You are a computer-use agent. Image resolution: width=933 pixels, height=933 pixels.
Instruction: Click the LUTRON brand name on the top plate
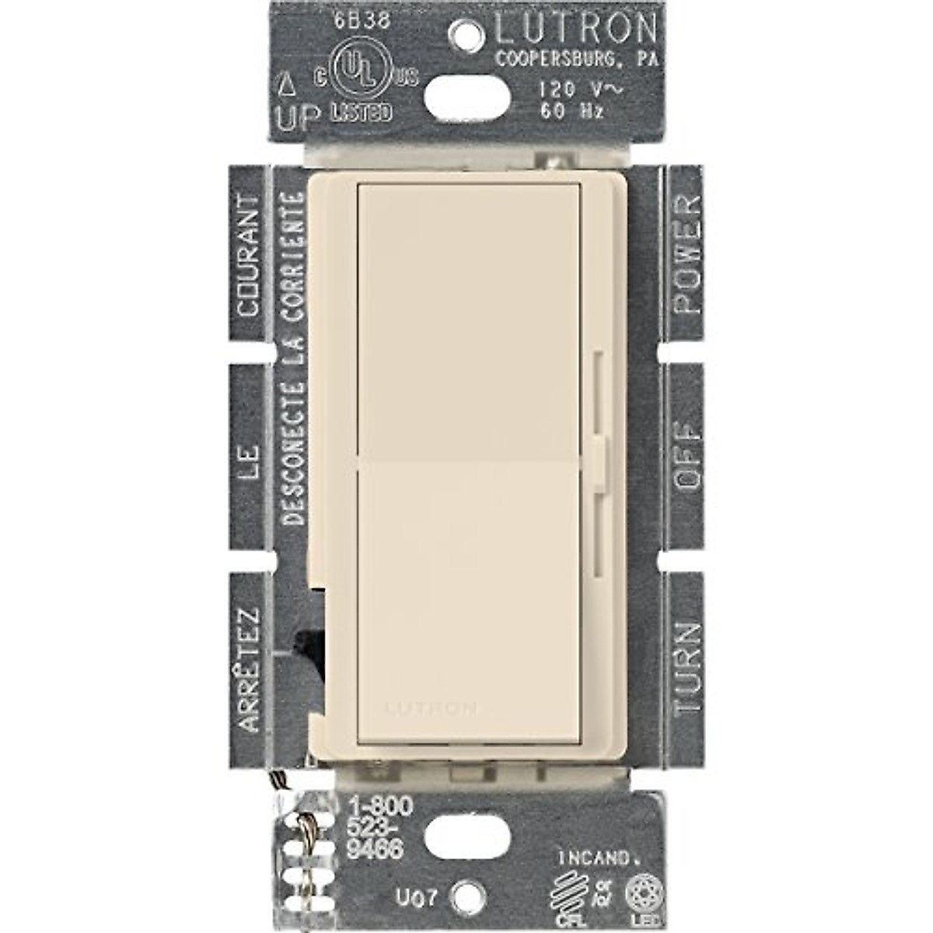click(575, 29)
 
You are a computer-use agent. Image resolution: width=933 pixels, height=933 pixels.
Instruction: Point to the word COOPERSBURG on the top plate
click(557, 60)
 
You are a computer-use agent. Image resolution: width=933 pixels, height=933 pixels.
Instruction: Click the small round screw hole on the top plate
click(469, 33)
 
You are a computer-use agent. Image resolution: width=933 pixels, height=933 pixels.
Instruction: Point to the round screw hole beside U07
click(466, 895)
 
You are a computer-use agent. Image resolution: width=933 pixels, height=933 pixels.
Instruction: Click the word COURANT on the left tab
click(248, 256)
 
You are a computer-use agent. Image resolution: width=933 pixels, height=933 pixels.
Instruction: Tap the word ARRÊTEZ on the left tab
click(248, 669)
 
